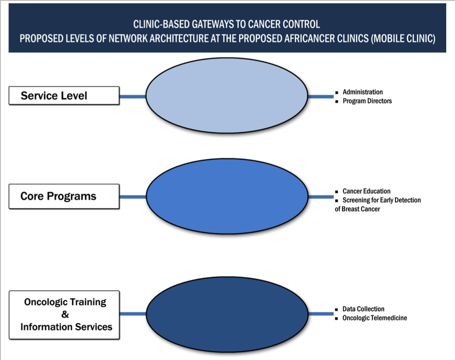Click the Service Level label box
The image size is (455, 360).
[x=64, y=96]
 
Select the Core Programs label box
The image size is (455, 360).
[x=64, y=196]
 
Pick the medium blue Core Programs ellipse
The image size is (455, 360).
[x=227, y=196]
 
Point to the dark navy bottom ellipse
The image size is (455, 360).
[x=227, y=314]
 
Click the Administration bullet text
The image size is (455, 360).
[x=362, y=92]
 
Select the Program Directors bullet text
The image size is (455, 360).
[x=367, y=101]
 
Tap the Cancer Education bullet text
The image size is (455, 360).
[x=366, y=191]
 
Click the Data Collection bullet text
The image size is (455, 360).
[x=363, y=309]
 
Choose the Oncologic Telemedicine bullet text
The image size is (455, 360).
[x=374, y=318]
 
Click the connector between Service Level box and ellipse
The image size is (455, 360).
[x=132, y=96]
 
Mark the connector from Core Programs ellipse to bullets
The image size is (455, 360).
[x=321, y=197]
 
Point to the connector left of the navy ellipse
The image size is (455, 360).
[x=132, y=314]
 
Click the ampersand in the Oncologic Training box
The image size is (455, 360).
[x=65, y=314]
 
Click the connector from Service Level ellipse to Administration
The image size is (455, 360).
[x=321, y=96]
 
